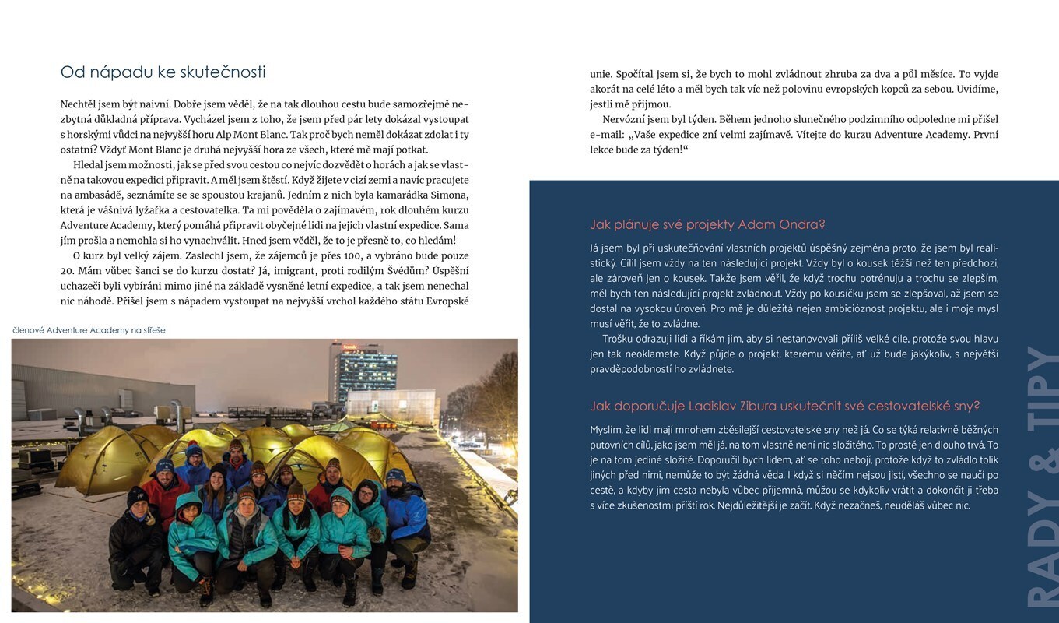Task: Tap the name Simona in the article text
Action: pos(448,195)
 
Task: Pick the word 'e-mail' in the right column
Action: pos(606,135)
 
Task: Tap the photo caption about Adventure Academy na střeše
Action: pos(89,330)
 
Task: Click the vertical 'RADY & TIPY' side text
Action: pos(1040,475)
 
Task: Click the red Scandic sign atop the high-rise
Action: pos(350,346)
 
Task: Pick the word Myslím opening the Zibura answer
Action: pos(608,430)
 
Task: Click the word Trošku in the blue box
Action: pos(619,339)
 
